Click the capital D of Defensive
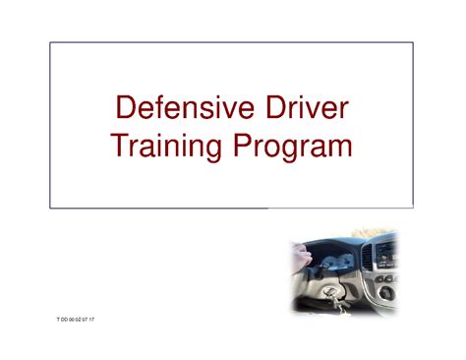127,109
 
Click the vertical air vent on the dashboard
368,258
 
